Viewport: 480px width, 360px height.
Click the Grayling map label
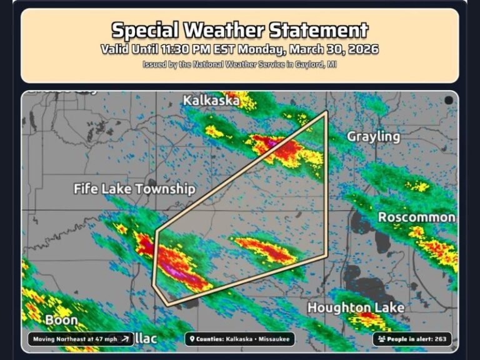373,136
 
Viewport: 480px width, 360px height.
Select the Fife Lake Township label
134,188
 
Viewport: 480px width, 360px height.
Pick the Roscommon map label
417,217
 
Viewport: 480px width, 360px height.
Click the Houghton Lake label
356,307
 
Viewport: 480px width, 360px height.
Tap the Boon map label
61,321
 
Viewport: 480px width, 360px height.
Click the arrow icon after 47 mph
125,339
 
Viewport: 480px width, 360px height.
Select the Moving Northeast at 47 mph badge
80,339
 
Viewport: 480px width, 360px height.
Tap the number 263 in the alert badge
440,339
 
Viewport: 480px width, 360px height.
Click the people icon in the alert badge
381,339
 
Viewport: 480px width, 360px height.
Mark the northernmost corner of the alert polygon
327,113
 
